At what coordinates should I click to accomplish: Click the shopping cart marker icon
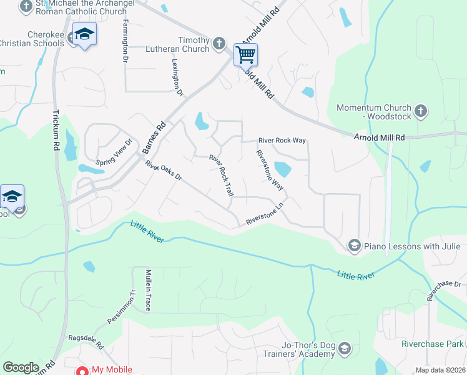pos(245,54)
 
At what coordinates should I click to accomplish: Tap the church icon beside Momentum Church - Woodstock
pos(421,112)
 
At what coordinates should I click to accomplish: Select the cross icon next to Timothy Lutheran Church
pos(219,43)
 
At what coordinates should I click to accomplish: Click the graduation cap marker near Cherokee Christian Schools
pos(84,34)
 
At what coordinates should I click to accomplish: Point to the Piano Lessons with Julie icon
pos(354,246)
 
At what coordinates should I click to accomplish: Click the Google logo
pos(21,367)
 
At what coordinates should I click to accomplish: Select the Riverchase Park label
pos(433,344)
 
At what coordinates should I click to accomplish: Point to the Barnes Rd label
pos(153,137)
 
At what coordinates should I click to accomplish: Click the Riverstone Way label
pos(270,170)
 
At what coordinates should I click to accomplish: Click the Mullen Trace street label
pos(149,290)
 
